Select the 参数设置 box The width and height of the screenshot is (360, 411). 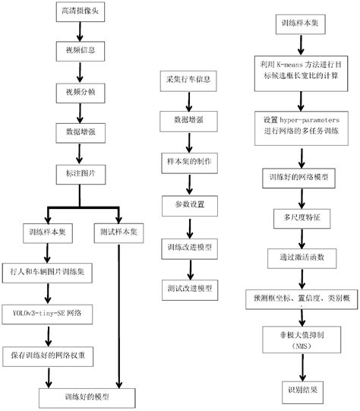click(187, 204)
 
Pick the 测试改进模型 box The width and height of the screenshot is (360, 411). click(187, 289)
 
